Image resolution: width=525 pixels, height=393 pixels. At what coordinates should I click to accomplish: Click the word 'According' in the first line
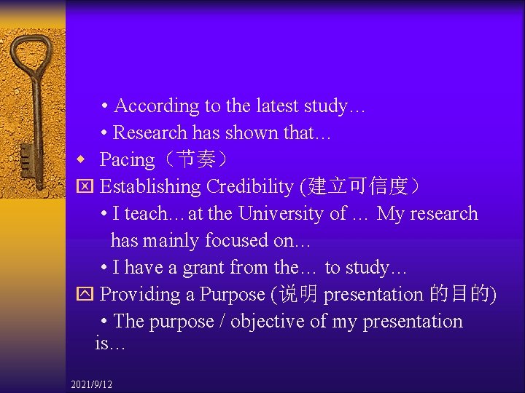(157, 106)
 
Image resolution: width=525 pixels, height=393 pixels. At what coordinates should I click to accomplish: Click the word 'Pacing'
(127, 160)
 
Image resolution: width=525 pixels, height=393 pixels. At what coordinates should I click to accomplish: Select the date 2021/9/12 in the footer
(92, 384)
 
